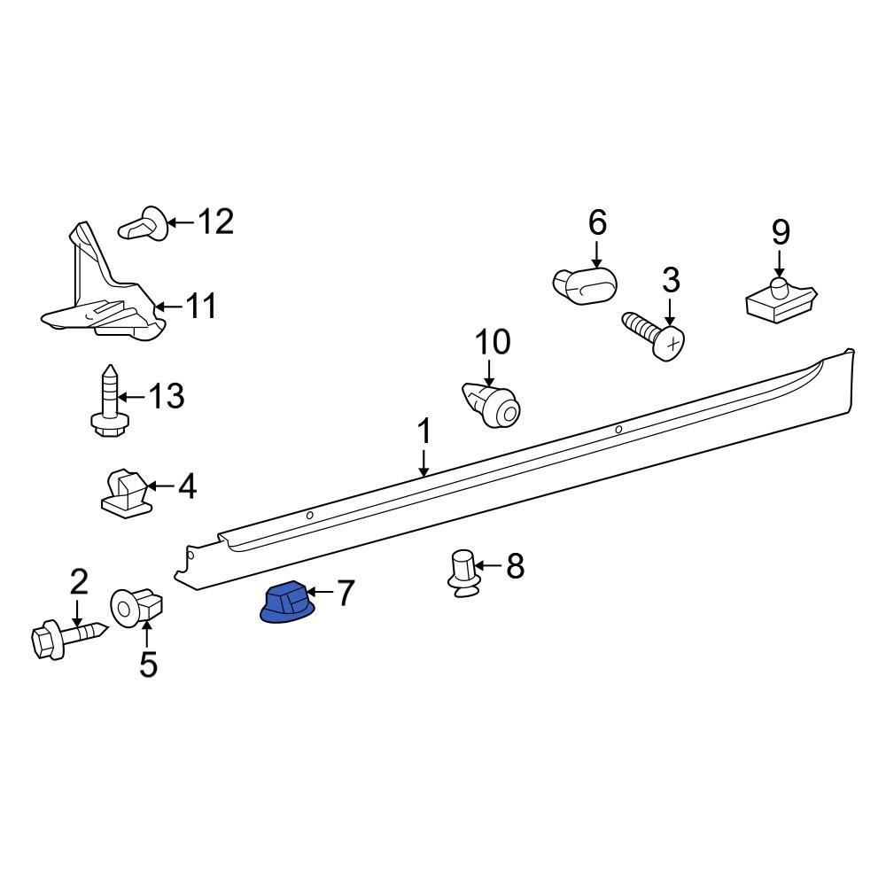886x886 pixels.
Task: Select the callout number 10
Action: click(x=494, y=341)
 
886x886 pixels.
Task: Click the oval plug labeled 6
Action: click(x=584, y=285)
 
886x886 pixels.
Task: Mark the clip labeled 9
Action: click(x=779, y=302)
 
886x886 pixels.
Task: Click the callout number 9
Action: click(x=780, y=232)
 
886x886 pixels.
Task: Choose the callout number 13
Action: click(x=166, y=396)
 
